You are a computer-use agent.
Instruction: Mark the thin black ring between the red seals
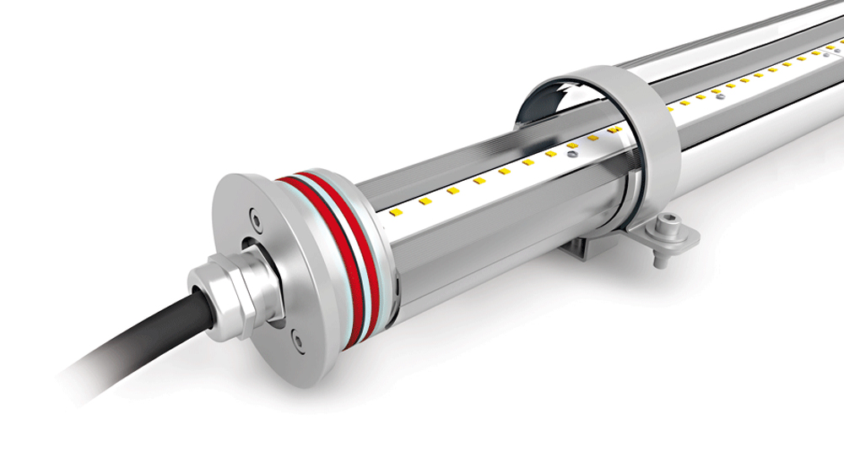click(x=336, y=258)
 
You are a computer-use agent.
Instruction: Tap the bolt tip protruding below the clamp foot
click(x=659, y=260)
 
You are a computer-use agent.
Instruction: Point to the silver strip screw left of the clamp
click(x=573, y=155)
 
